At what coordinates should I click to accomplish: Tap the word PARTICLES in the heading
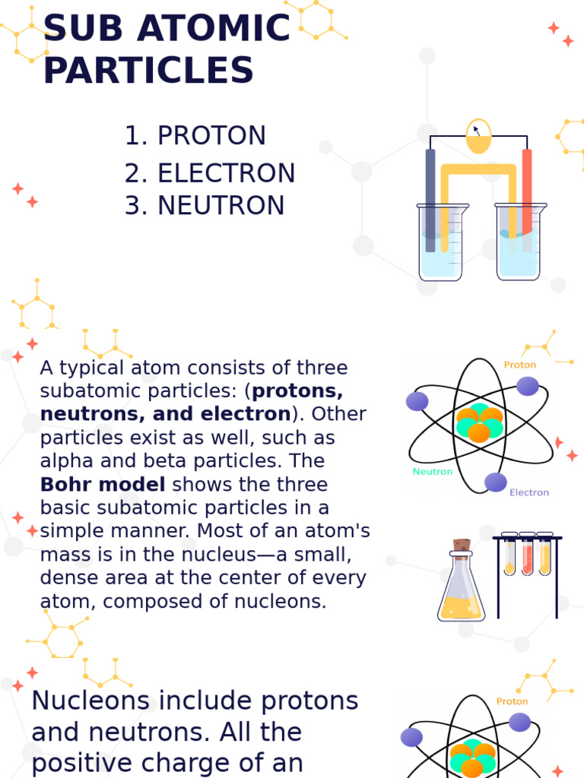[148, 71]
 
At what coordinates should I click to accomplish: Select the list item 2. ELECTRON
[210, 173]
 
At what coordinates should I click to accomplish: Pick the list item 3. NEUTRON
[205, 206]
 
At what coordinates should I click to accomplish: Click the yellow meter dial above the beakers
[478, 136]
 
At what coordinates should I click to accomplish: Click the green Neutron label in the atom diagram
[432, 471]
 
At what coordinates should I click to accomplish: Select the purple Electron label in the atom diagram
[528, 492]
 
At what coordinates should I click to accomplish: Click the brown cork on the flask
[462, 545]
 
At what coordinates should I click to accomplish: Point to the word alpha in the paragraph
[66, 461]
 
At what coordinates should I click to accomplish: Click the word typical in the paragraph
[89, 368]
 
